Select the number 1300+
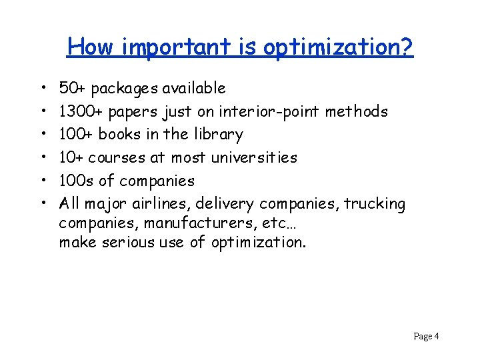point(82,111)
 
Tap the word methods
point(361,111)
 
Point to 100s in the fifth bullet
point(77,181)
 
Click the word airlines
point(165,203)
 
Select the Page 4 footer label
point(426,336)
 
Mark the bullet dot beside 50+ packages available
point(42,89)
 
